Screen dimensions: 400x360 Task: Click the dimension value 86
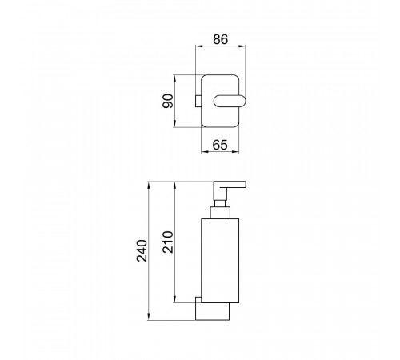(x=221, y=39)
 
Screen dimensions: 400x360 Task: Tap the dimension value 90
(x=168, y=101)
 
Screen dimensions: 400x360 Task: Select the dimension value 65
(x=220, y=145)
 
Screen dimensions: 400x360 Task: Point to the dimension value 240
(x=142, y=250)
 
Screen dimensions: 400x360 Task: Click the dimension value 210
(x=168, y=242)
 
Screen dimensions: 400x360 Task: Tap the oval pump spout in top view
(x=230, y=101)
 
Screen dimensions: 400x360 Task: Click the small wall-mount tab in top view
(x=198, y=101)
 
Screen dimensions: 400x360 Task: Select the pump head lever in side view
(x=230, y=186)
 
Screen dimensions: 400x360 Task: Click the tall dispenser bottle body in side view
(x=220, y=261)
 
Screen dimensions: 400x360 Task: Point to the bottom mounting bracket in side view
(x=213, y=311)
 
